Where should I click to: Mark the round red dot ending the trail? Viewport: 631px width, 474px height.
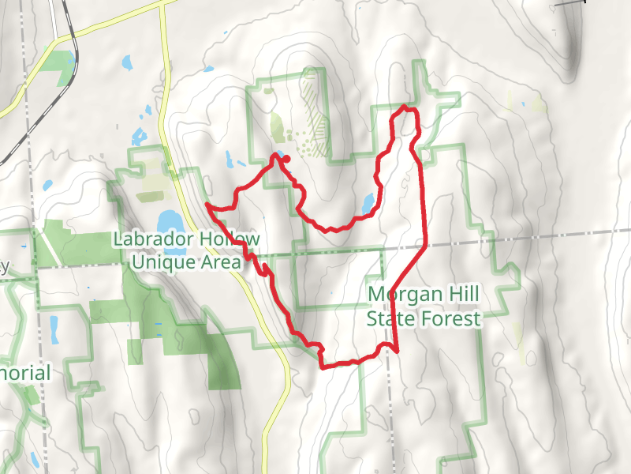pos(286,159)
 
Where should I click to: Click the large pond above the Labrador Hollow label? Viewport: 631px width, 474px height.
pos(167,220)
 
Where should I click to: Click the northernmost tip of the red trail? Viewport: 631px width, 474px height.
pos(405,106)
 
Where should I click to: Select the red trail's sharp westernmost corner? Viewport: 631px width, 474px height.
pos(207,205)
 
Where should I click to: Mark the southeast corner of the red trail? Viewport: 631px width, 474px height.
pos(395,348)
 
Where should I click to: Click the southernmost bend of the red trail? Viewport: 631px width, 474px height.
pos(323,366)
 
